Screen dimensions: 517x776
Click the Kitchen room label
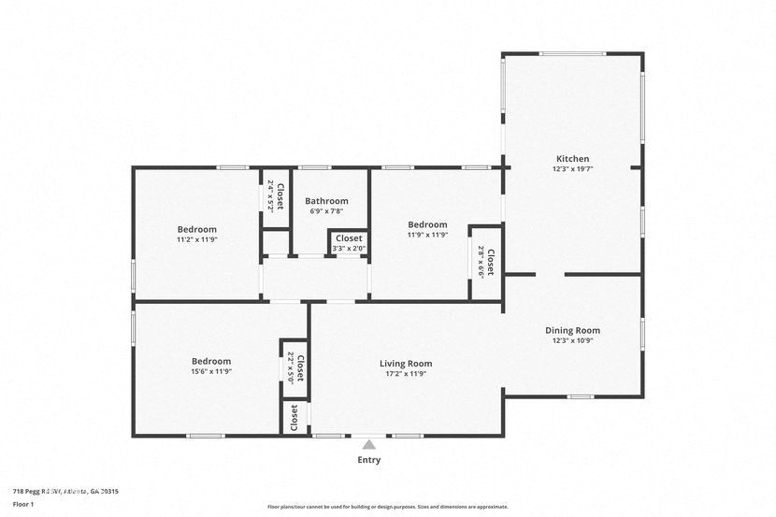[572, 159]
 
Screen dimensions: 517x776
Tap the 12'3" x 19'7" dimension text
[572, 169]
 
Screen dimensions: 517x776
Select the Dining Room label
[572, 330]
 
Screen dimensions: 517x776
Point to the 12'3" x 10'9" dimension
[572, 340]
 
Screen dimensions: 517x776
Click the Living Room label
[406, 364]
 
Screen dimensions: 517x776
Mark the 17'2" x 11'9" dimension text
[406, 374]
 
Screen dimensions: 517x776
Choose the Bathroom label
[326, 201]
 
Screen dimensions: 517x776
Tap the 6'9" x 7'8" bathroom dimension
[326, 211]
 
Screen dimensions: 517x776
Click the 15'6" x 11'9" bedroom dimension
[211, 371]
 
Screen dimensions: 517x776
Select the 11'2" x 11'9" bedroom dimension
[197, 239]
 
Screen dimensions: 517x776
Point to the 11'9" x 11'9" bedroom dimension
[427, 235]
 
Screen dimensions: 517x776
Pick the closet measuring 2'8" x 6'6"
[485, 263]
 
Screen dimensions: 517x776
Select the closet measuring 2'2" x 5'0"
[295, 368]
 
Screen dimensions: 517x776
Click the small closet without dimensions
[295, 416]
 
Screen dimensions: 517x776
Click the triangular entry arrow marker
[369, 445]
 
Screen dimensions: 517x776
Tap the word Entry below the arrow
[369, 460]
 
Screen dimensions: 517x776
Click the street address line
[65, 491]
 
